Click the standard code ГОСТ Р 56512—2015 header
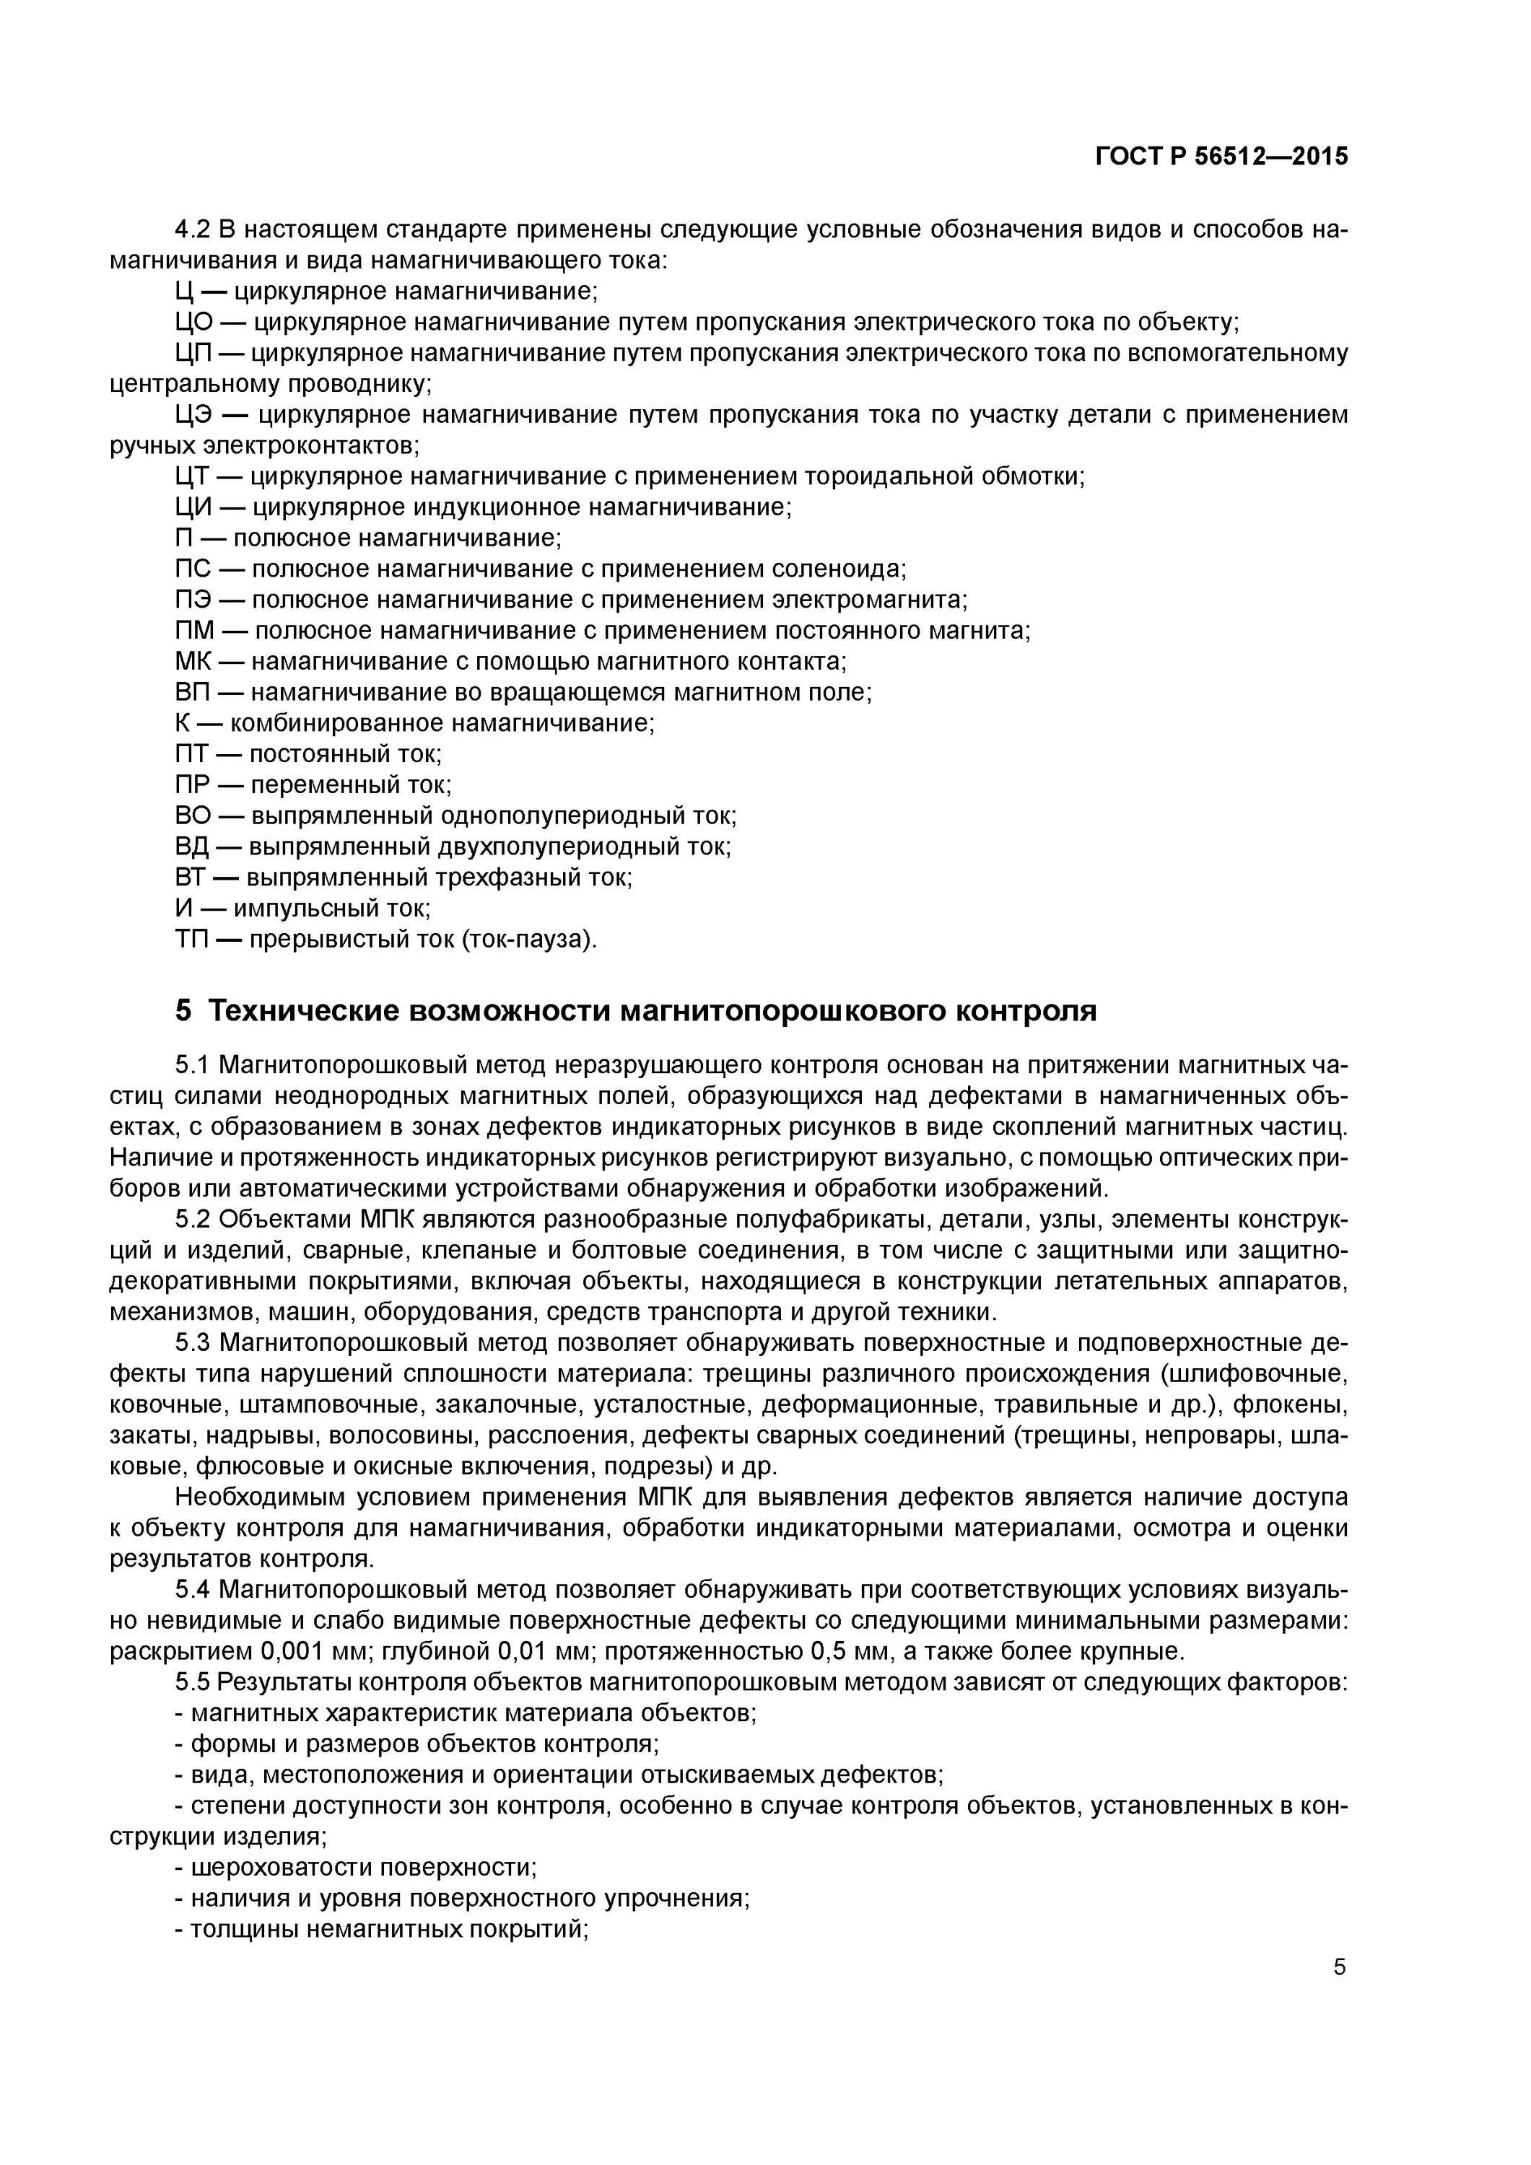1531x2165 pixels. pyautogui.click(x=1221, y=157)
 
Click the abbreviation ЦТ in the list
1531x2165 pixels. pyautogui.click(x=191, y=476)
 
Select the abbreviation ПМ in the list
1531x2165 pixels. pyautogui.click(x=194, y=630)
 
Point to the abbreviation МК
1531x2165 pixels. pyautogui.click(x=193, y=661)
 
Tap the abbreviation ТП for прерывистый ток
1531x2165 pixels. pyautogui.click(x=191, y=939)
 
